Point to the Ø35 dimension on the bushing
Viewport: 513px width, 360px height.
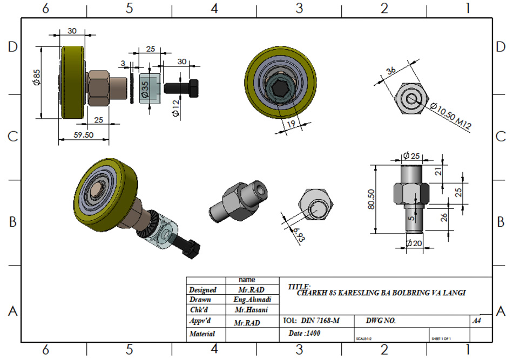[145, 90]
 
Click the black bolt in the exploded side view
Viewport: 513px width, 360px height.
[183, 87]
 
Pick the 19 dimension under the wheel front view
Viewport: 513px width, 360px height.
[291, 124]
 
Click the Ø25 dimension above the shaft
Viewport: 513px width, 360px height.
[412, 156]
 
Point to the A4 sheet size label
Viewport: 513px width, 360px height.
[477, 321]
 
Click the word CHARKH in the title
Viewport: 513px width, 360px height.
[311, 293]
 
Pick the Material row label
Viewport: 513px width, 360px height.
[202, 334]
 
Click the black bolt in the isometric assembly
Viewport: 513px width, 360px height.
[193, 250]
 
